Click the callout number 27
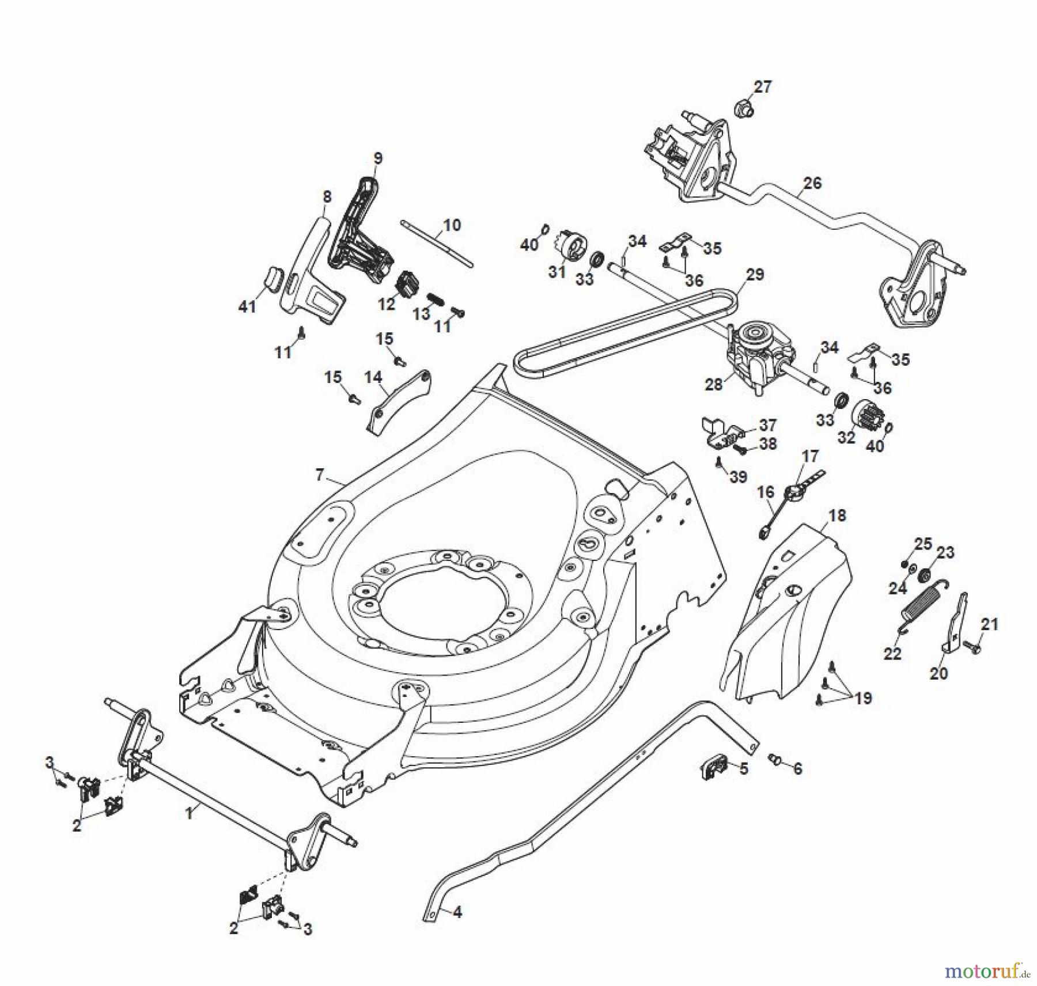click(763, 87)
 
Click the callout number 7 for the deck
click(320, 475)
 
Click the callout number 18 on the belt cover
click(837, 515)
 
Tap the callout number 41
click(247, 307)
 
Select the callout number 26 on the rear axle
click(812, 183)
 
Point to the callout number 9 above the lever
click(377, 158)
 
